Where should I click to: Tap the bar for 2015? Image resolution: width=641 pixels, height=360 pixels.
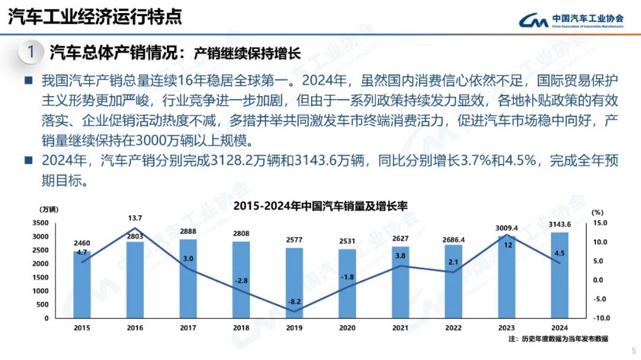[82, 285]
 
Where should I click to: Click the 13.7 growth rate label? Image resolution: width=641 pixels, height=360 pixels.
[135, 218]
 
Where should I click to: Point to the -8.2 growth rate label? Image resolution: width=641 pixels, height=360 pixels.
[294, 302]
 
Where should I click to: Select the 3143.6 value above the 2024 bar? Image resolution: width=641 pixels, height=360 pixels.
[560, 224]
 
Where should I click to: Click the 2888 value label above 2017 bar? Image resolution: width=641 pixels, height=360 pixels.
[189, 231]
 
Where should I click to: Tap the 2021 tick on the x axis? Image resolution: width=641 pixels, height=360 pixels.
[401, 327]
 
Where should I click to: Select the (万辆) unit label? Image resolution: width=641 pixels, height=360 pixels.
[49, 210]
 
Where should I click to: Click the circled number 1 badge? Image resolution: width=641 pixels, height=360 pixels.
[30, 51]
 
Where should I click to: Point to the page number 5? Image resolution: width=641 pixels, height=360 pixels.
[633, 350]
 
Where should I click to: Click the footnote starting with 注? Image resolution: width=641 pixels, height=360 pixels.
[558, 339]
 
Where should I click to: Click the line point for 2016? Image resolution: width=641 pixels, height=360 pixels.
[135, 228]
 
